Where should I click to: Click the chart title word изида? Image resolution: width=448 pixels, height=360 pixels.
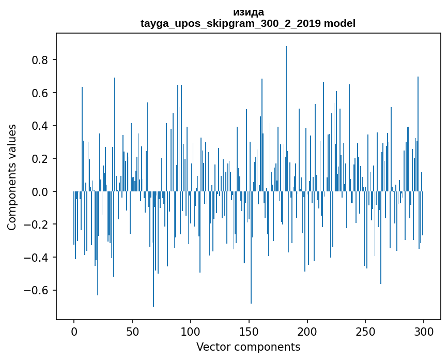point(248,12)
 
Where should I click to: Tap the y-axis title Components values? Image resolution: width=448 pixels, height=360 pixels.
point(12,177)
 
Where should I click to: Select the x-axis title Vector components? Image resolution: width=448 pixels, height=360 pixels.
point(248,347)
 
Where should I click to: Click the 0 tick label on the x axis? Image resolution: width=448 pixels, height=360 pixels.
point(74,331)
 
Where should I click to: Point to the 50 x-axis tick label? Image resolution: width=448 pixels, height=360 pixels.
point(132,331)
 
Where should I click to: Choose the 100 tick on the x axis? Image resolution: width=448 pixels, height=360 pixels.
point(191,331)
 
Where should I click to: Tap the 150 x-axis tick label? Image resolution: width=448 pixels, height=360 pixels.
point(249,331)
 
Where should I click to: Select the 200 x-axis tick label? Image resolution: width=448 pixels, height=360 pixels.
point(307,331)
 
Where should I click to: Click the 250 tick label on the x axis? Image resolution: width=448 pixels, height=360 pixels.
point(366,331)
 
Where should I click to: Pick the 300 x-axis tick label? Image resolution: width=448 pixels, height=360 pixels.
point(424,331)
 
